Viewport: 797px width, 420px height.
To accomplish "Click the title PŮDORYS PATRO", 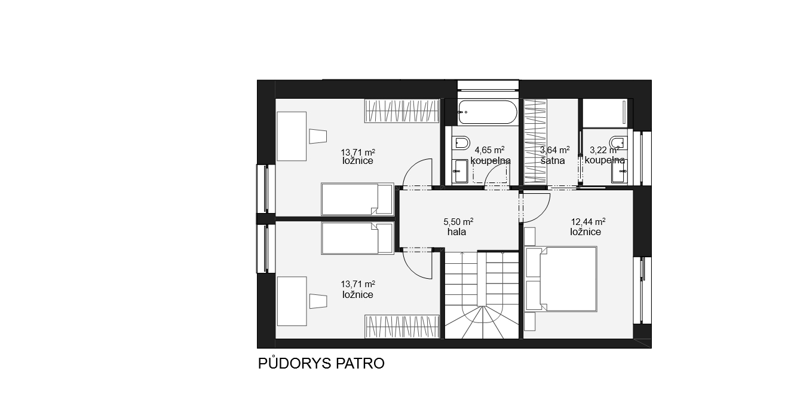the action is pyautogui.click(x=321, y=363).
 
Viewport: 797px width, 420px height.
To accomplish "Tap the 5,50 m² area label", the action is pyautogui.click(x=458, y=221).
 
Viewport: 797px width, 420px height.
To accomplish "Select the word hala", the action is pyautogui.click(x=457, y=232).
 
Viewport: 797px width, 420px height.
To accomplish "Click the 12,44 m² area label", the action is pyautogui.click(x=588, y=221).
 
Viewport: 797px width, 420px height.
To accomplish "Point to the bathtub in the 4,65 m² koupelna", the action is pyautogui.click(x=487, y=112).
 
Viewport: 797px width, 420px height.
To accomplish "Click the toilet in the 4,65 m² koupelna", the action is pyautogui.click(x=461, y=143).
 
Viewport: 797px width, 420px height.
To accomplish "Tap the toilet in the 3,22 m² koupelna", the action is pyautogui.click(x=618, y=143).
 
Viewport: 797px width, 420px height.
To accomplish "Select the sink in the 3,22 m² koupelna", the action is pyautogui.click(x=620, y=171).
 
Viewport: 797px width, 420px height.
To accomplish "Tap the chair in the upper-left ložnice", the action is pyautogui.click(x=318, y=136).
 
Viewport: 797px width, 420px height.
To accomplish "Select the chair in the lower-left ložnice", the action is pyautogui.click(x=318, y=301).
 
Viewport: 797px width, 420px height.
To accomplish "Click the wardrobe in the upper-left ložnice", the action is pyautogui.click(x=402, y=111).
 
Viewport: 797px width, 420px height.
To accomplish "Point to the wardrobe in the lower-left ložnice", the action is pyautogui.click(x=402, y=326).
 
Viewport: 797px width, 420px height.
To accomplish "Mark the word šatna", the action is pyautogui.click(x=553, y=161).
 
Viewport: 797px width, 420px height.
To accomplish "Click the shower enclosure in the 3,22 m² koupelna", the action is pyautogui.click(x=606, y=113).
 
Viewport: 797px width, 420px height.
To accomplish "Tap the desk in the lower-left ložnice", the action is pyautogui.click(x=292, y=301).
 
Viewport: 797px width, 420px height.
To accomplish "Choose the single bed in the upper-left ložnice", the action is pyautogui.click(x=358, y=199).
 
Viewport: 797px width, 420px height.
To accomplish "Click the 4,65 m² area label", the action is pyautogui.click(x=489, y=150).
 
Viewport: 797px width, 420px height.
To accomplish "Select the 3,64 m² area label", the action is pyautogui.click(x=554, y=150).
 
